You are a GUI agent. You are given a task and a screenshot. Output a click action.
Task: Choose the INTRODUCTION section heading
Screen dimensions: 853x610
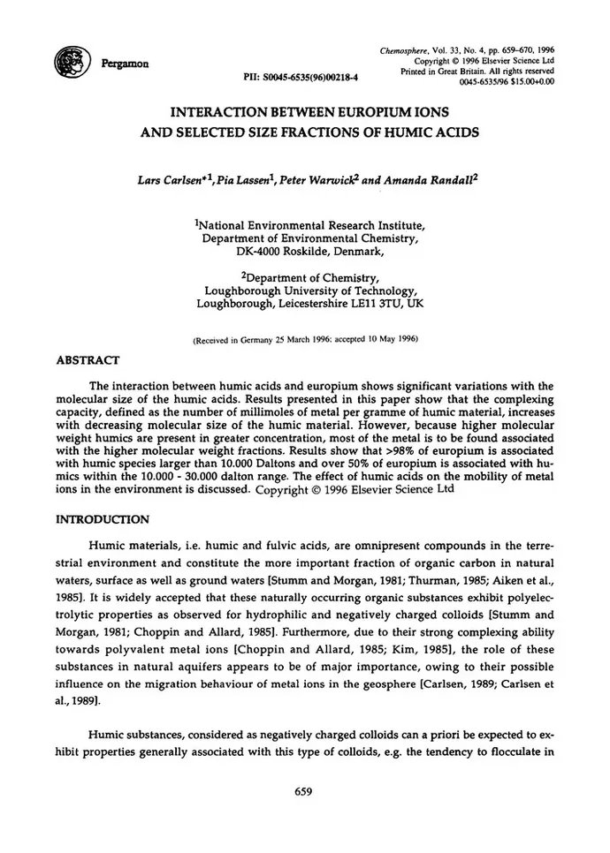click(x=102, y=520)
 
